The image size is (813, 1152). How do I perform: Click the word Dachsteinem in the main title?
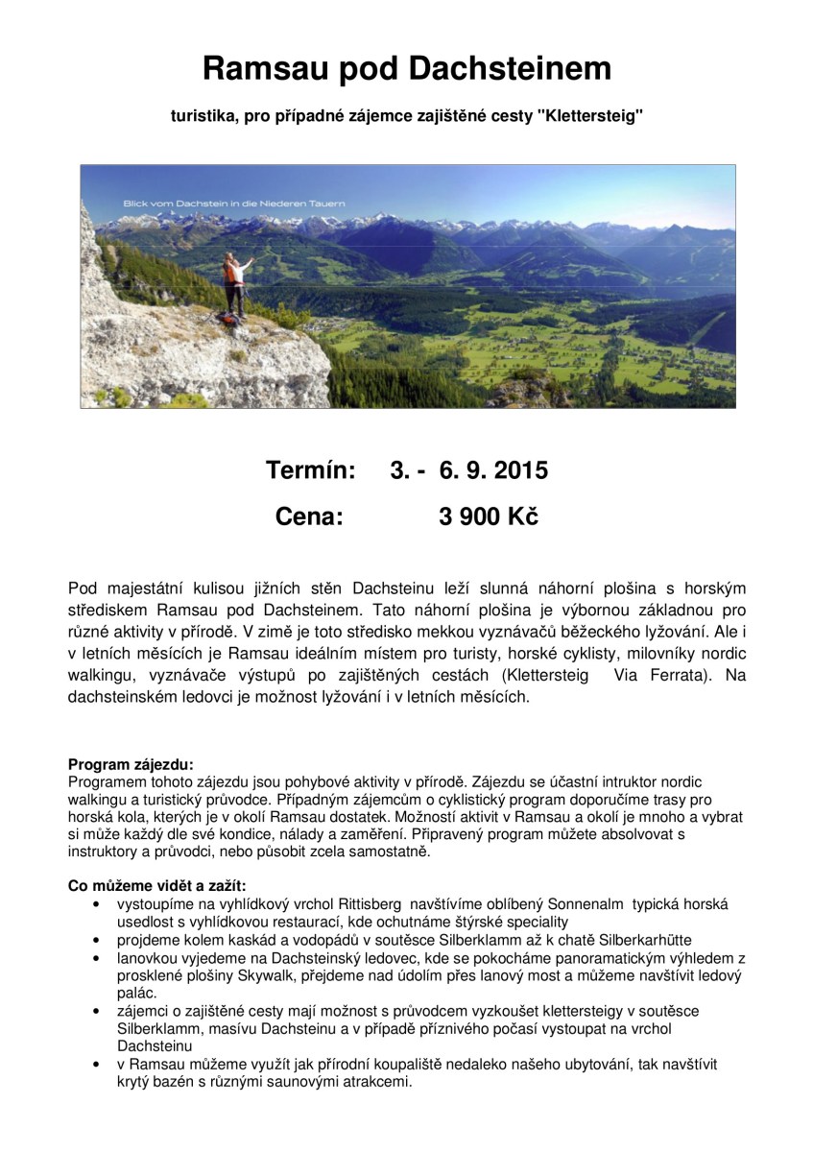coord(510,69)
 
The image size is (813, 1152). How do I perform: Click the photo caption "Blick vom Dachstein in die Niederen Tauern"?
coord(233,204)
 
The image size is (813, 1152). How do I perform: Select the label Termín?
coord(310,470)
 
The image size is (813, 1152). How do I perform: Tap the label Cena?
coord(309,516)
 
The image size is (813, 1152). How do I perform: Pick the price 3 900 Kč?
coord(489,516)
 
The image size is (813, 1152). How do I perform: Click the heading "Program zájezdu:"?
coord(131,765)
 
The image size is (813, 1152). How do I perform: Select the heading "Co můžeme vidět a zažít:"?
coord(157,885)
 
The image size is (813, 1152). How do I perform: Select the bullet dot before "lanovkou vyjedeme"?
coord(95,958)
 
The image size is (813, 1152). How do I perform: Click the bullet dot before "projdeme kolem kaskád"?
coord(95,940)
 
